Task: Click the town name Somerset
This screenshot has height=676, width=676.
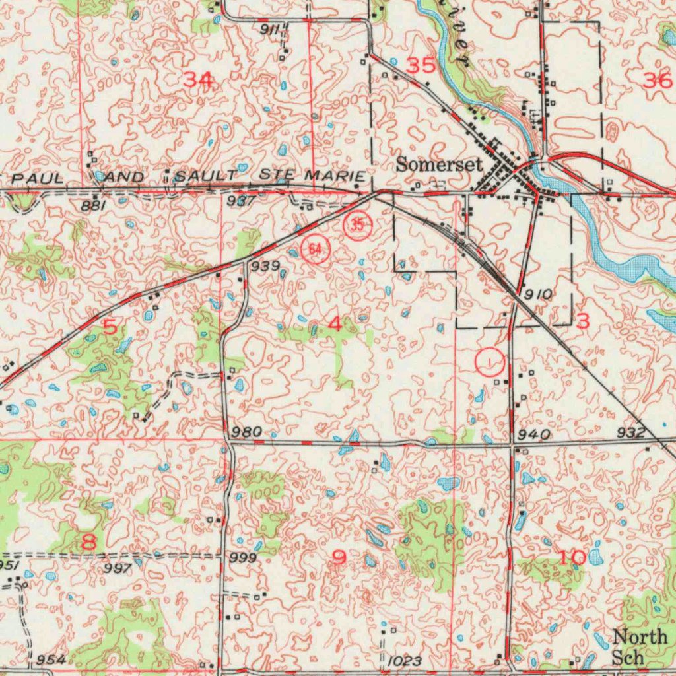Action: pyautogui.click(x=439, y=164)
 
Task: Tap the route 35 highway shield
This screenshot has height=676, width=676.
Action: pyautogui.click(x=357, y=224)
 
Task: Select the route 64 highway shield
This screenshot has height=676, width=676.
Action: pyautogui.click(x=316, y=249)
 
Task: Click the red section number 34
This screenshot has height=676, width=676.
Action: pyautogui.click(x=198, y=80)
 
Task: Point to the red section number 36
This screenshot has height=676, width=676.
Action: pyautogui.click(x=657, y=81)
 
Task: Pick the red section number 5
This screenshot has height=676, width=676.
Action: pyautogui.click(x=110, y=325)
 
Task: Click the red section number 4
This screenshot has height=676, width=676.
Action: pyautogui.click(x=335, y=323)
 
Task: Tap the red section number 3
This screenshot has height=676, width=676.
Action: pyautogui.click(x=582, y=321)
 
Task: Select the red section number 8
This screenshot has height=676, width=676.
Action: pyautogui.click(x=88, y=543)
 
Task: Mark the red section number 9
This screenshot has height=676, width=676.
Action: pyautogui.click(x=339, y=558)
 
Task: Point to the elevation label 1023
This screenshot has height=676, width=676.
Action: pyautogui.click(x=405, y=660)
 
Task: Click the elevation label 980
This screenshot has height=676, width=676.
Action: pyautogui.click(x=247, y=432)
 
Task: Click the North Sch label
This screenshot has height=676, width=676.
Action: pyautogui.click(x=639, y=647)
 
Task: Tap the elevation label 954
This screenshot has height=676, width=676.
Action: pyautogui.click(x=51, y=660)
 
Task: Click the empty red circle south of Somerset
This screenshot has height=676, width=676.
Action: pyautogui.click(x=490, y=362)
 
